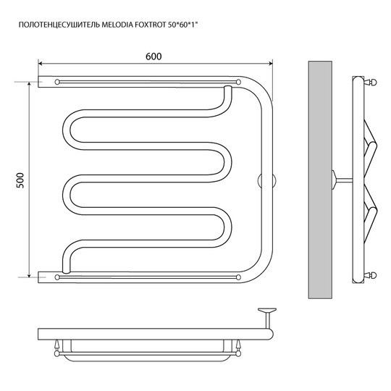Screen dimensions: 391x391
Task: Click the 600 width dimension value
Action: pyautogui.click(x=154, y=56)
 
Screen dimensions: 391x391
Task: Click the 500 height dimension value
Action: pyautogui.click(x=20, y=180)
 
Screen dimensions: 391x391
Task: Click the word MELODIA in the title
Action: pyautogui.click(x=117, y=25)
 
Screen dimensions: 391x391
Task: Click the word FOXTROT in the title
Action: pyautogui.click(x=150, y=25)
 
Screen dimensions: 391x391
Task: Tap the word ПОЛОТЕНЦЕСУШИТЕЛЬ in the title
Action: pyautogui.click(x=59, y=25)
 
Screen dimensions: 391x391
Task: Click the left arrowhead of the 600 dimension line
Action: pyautogui.click(x=40, y=64)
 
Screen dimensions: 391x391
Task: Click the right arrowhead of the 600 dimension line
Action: pyautogui.click(x=270, y=64)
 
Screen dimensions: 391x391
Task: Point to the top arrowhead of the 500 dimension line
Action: pyautogui.click(x=29, y=84)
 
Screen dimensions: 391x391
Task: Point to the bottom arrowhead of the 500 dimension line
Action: pyautogui.click(x=29, y=275)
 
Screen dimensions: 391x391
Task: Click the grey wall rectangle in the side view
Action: pyautogui.click(x=320, y=180)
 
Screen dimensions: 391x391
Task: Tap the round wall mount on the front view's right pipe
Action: pyautogui.click(x=266, y=180)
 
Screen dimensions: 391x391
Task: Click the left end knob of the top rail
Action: pyautogui.click(x=57, y=82)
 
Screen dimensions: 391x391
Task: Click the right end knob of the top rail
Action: pyautogui.click(x=238, y=82)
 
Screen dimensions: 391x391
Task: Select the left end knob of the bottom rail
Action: pyautogui.click(x=57, y=277)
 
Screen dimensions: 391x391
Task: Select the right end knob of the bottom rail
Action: pyautogui.click(x=238, y=277)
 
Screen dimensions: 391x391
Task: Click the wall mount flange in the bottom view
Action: pyautogui.click(x=267, y=310)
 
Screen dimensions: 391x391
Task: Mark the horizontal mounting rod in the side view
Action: pyautogui.click(x=344, y=180)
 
